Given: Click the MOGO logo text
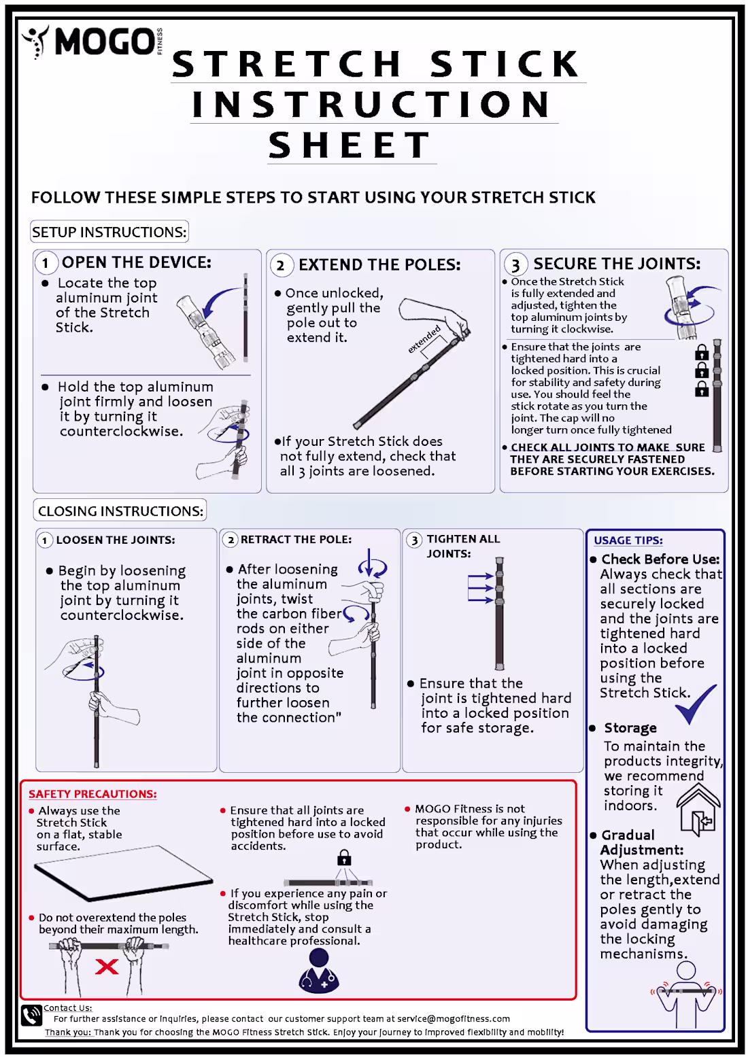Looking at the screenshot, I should (103, 41).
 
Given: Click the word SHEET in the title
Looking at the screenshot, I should (350, 145).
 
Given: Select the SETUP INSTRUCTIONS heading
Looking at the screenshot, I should (109, 232).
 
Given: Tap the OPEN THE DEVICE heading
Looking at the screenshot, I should (136, 262).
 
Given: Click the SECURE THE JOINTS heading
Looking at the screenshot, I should (616, 264).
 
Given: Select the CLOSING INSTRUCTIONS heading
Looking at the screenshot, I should (120, 510).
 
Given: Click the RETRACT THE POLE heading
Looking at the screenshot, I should (296, 539).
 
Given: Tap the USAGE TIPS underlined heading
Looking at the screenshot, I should (628, 540).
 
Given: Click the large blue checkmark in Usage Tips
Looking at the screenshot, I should (695, 705).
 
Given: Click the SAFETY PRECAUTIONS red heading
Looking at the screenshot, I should (92, 794).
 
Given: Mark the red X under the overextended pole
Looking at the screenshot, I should (107, 967).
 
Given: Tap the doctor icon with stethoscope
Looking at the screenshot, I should (319, 971).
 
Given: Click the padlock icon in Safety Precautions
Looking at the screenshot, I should (345, 857).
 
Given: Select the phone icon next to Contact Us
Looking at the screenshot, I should (31, 1016).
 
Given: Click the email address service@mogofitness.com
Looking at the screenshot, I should (454, 1018).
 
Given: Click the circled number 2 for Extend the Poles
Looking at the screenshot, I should (281, 265).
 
